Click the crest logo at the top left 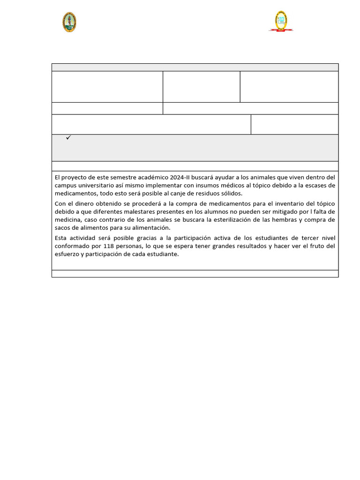click(x=69, y=22)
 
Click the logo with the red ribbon click(x=281, y=21)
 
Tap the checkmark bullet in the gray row click(x=68, y=138)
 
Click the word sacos click(x=63, y=227)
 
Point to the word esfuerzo click(x=67, y=254)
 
